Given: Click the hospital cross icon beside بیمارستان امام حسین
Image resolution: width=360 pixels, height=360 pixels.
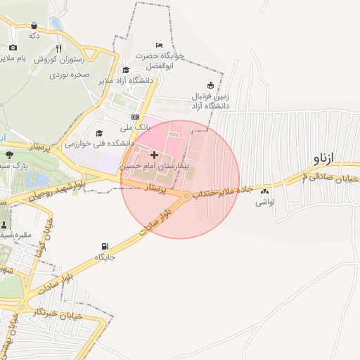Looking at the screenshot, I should (154, 153).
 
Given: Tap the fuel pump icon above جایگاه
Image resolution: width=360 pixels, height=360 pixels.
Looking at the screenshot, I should (105, 247).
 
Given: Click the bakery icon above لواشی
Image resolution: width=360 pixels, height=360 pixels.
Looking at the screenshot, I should (264, 191).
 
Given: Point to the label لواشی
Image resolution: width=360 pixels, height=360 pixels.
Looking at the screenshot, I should (264, 202).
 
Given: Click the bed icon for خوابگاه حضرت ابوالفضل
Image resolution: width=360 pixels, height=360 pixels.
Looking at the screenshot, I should (158, 44).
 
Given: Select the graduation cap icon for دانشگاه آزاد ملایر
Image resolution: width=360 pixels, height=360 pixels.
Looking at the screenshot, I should (126, 70).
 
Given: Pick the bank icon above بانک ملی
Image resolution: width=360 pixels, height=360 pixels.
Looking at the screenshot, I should (135, 117).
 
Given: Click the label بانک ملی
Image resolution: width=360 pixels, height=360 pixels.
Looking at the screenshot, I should (136, 127).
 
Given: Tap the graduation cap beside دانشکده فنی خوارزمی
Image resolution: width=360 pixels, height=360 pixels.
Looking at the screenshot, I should (99, 132).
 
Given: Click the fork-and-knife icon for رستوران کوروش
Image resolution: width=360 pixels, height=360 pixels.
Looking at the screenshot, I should (58, 49).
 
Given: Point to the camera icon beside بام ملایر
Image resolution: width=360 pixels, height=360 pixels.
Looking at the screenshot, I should (13, 47).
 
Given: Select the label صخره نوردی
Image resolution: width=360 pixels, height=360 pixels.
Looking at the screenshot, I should (67, 74).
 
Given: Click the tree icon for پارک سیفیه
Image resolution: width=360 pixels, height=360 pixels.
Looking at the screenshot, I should (8, 154).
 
